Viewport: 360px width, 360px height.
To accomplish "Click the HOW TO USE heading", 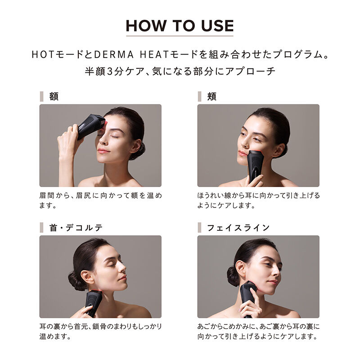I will point(180,25).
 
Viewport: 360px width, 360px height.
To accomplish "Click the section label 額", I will point(54,96).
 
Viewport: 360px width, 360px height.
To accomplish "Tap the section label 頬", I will point(211,96).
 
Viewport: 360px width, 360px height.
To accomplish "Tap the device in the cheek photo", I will point(255,164).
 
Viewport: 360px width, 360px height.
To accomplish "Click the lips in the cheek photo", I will point(243,153).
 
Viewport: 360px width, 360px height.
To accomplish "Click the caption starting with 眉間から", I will point(100,200).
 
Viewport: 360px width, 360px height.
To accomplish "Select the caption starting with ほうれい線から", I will point(258,200).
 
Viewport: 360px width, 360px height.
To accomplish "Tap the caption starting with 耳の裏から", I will point(100,331).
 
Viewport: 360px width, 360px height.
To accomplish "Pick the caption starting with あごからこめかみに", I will point(258,331).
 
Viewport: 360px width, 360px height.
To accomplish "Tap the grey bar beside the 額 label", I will point(41,96).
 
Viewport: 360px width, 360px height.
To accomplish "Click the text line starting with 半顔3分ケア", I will point(180,71).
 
